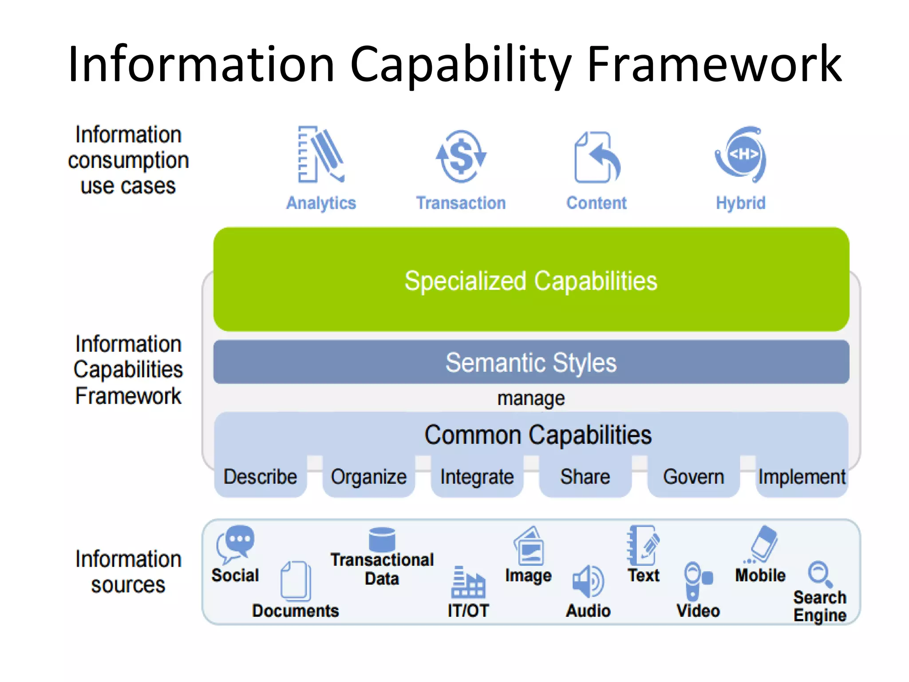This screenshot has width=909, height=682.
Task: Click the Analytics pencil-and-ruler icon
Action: tap(320, 155)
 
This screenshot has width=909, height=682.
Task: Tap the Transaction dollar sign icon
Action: tap(461, 156)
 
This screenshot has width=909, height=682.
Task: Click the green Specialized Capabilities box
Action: tap(531, 280)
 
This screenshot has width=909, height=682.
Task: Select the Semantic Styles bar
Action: tap(531, 362)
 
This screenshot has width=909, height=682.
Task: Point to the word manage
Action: tap(531, 398)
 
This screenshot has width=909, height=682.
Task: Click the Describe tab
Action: tap(261, 477)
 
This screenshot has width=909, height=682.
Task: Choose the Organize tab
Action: tap(369, 477)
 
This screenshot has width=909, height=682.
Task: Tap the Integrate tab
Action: tap(477, 477)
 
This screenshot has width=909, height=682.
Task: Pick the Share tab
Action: tap(585, 477)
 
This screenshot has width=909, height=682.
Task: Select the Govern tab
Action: tap(693, 477)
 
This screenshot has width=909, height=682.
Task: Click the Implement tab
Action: tap(802, 477)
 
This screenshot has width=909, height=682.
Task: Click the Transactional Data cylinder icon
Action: tap(382, 539)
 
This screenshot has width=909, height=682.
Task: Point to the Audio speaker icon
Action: tap(588, 581)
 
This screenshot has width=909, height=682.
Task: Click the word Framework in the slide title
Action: tap(714, 64)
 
